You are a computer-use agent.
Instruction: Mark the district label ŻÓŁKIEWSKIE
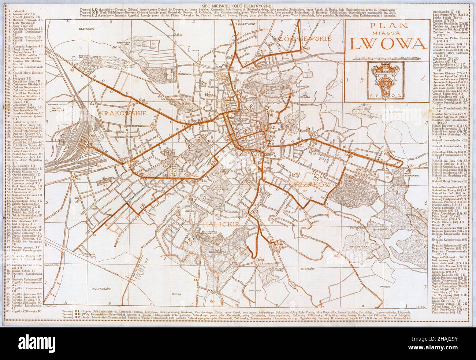[x=305, y=38]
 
